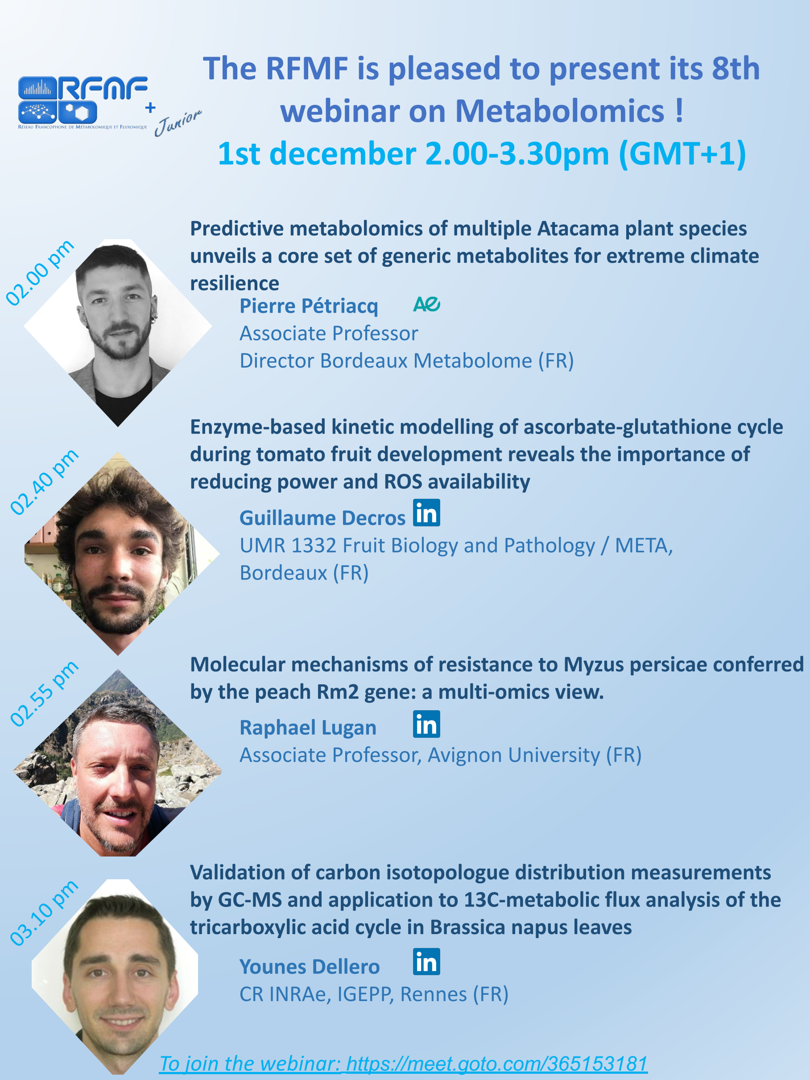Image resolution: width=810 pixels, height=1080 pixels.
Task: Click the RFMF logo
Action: point(83,102)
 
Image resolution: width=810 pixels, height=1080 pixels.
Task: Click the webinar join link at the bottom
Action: point(403,1063)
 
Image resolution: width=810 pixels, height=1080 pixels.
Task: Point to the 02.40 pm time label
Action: point(45,481)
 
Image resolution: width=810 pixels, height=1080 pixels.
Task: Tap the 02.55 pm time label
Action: point(45,693)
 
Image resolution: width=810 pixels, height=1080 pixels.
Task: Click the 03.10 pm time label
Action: point(45,913)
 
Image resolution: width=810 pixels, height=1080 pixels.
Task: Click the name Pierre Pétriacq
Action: point(309,306)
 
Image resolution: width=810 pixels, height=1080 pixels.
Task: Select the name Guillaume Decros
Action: point(322,517)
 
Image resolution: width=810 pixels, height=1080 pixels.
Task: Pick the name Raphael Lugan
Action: point(308,728)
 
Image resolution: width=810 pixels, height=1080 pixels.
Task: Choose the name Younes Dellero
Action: point(310,966)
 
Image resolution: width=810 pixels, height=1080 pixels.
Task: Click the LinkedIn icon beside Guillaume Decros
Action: point(426,513)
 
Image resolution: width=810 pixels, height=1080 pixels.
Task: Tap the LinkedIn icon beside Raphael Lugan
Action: point(426,724)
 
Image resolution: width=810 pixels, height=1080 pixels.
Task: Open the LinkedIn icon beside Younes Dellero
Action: point(426,961)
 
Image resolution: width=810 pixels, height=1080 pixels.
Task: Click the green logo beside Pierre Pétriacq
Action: point(427,304)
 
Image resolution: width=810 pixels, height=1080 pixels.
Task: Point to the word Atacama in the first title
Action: point(578,228)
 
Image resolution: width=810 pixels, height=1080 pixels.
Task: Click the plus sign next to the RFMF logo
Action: point(150,108)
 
